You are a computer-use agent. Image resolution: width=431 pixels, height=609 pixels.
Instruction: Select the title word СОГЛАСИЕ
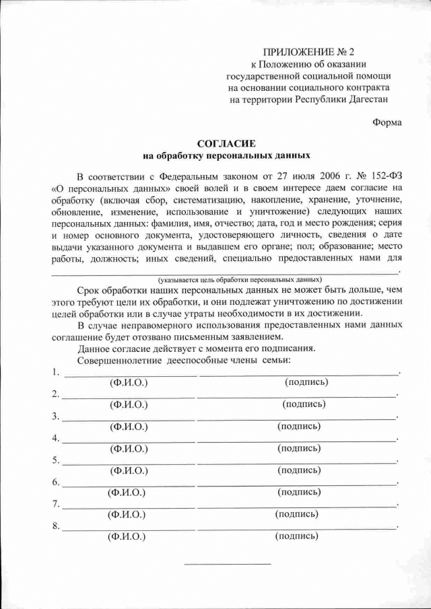(x=226, y=143)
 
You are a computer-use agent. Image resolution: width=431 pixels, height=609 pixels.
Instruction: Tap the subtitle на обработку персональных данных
(x=226, y=155)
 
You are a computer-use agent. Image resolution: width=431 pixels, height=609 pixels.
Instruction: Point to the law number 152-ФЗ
(x=384, y=176)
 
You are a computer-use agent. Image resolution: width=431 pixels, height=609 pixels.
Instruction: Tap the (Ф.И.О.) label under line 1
(x=128, y=383)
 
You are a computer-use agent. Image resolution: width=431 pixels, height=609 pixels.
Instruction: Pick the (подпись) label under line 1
(x=307, y=382)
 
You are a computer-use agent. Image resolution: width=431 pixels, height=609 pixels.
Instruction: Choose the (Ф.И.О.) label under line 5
(x=128, y=470)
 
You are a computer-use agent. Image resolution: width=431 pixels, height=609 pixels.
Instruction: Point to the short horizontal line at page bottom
(x=227, y=563)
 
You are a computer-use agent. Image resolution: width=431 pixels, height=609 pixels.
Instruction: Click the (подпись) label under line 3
(x=299, y=426)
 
